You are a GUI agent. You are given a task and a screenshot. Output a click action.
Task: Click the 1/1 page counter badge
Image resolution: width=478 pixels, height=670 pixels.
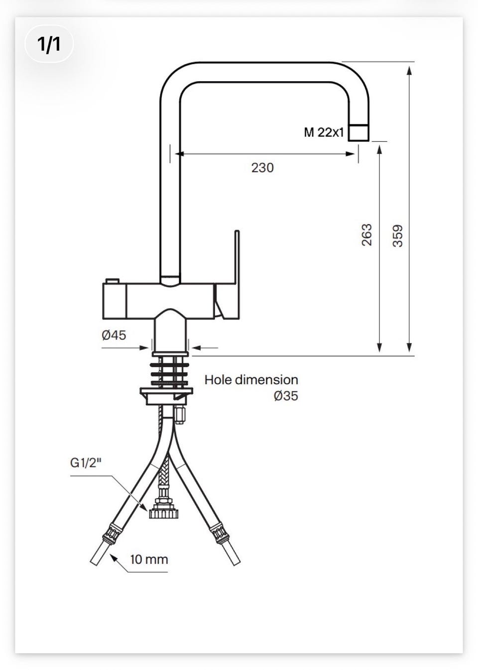49,44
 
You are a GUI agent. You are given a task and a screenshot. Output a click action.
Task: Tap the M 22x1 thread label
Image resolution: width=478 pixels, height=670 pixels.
324,132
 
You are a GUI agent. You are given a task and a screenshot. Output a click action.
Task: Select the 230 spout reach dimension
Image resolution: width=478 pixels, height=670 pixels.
262,168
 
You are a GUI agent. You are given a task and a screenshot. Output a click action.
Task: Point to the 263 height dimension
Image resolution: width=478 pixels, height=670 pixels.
366,235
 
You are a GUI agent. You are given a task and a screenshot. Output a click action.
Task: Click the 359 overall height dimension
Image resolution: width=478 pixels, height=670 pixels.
397,236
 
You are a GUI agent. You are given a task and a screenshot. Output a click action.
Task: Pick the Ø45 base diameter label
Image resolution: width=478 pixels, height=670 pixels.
114,335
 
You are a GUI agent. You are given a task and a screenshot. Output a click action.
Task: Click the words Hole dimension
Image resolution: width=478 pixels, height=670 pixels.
251,380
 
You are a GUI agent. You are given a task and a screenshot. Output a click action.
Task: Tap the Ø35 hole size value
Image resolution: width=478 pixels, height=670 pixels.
286,396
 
